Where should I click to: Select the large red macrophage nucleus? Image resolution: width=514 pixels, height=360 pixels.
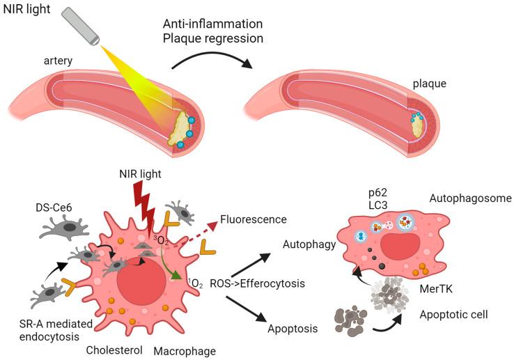[142, 278]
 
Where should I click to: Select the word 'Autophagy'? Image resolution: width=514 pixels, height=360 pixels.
[307, 244]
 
